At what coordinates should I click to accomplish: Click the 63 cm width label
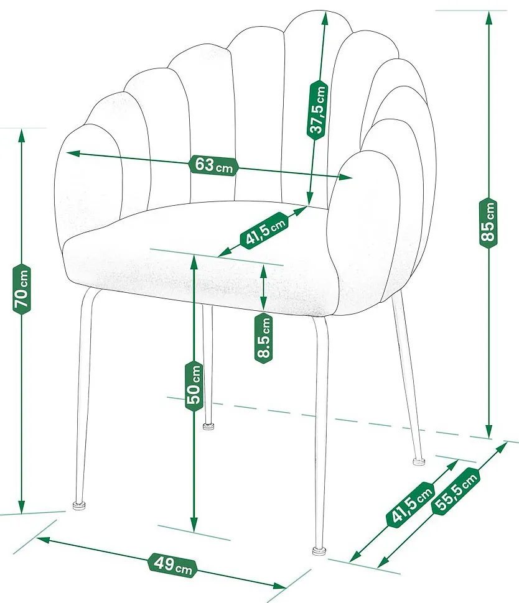coord(213,166)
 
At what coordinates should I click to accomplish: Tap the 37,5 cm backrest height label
coord(317,109)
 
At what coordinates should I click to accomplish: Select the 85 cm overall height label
coord(489,223)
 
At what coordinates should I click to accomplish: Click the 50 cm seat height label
coord(194,385)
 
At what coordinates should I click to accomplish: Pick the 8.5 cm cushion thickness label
coord(264,338)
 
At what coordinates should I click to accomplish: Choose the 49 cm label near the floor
coord(172,564)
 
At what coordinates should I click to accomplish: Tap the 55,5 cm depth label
coord(456,490)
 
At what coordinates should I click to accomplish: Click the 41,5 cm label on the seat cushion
coord(264,230)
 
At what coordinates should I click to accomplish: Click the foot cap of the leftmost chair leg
coord(80,505)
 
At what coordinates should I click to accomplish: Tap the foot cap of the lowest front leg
coord(320,551)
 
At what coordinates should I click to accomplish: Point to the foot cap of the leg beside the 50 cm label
coord(208,426)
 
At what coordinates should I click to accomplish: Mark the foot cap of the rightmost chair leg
coord(419,461)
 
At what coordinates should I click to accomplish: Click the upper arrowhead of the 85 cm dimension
coord(489,17)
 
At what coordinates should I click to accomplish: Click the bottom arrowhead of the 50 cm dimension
coord(194,525)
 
